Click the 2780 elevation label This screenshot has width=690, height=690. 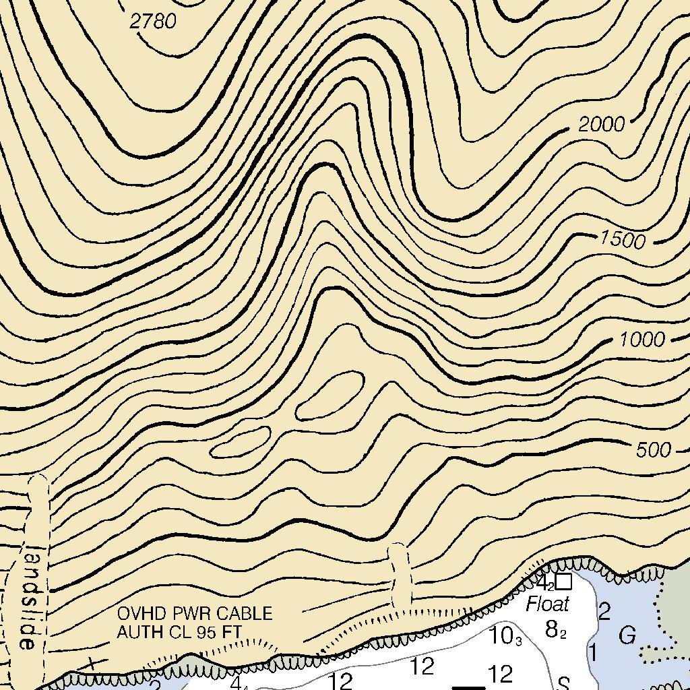pyautogui.click(x=153, y=22)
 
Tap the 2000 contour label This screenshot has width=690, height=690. pyautogui.click(x=602, y=125)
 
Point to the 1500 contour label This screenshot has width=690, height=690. pyautogui.click(x=623, y=240)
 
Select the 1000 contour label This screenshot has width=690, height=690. pyautogui.click(x=641, y=340)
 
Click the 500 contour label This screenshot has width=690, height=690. pyautogui.click(x=654, y=450)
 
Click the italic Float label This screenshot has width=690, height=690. pyautogui.click(x=548, y=604)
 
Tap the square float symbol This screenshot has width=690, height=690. pyautogui.click(x=564, y=581)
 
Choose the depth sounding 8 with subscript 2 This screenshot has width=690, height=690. pyautogui.click(x=554, y=630)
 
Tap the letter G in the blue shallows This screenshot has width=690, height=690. pyautogui.click(x=627, y=635)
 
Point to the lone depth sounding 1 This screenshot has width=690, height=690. pyautogui.click(x=593, y=652)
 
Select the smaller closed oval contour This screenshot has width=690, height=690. pyautogui.click(x=241, y=441)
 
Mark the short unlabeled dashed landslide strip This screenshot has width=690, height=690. pyautogui.click(x=400, y=576)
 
